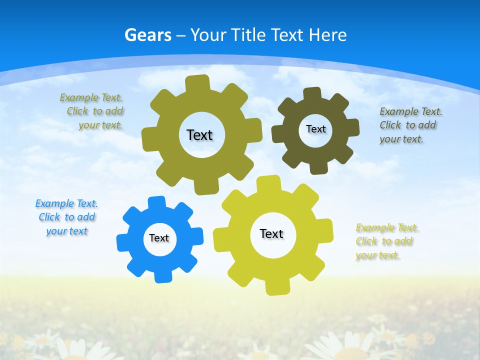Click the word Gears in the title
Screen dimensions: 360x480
pos(148,35)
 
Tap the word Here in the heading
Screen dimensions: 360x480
pos(327,35)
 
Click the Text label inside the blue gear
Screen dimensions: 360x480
pos(159,238)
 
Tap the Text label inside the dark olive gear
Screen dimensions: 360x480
pos(315,129)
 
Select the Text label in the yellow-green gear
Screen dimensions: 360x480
pos(271,233)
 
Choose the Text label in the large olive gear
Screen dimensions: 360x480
pos(199,135)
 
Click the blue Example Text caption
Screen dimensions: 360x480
pos(66,217)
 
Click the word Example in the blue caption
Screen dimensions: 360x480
pos(54,203)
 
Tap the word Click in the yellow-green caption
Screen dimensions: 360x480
pos(366,241)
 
